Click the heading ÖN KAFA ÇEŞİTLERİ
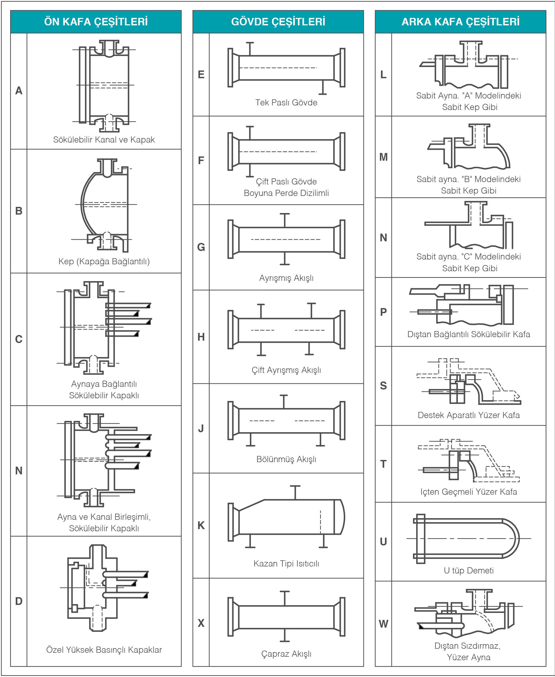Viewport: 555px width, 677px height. coord(96,22)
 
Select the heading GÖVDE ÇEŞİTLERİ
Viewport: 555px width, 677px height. coord(278,22)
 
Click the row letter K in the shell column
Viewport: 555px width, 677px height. coord(201,525)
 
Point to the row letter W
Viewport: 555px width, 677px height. coord(383,624)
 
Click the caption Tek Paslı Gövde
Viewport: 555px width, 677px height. coord(286,103)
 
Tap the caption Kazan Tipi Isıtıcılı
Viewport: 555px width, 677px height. coord(286,563)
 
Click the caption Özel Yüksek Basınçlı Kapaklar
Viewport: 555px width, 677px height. coord(104,650)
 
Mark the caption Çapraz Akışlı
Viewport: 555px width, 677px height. coord(286,654)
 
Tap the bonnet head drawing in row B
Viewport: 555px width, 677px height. coord(104,204)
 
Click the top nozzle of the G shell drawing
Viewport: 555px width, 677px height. coord(284,220)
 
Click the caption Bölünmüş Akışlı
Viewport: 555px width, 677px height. coord(286,459)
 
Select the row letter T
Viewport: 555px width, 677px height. coord(383,464)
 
